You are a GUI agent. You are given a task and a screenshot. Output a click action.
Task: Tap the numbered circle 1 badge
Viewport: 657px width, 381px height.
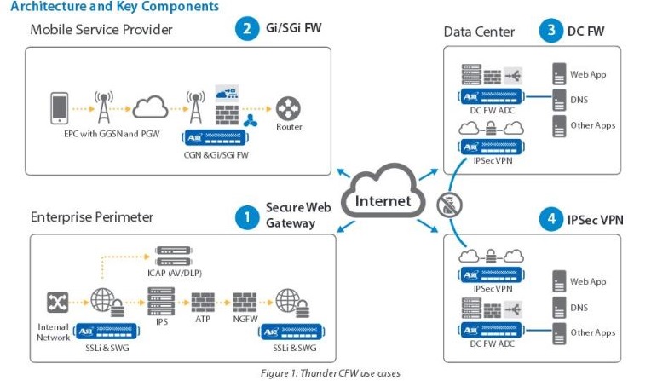pos(247,217)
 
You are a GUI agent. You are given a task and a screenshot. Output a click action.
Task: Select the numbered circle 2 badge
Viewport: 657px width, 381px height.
pos(247,30)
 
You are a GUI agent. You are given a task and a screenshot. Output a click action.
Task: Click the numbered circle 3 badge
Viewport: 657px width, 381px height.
pos(550,31)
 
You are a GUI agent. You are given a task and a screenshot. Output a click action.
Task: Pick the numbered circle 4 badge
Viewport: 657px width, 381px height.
pos(550,220)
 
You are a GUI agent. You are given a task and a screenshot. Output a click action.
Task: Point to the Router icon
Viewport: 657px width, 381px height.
pos(289,109)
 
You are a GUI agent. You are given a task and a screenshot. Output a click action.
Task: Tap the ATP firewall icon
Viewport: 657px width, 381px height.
pos(203,302)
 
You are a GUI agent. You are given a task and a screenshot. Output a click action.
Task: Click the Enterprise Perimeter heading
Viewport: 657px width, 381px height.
pos(92,217)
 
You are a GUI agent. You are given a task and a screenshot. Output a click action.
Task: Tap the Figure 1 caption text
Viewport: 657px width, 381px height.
pos(330,373)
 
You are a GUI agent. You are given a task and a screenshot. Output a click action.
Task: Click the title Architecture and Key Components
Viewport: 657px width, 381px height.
pos(114,7)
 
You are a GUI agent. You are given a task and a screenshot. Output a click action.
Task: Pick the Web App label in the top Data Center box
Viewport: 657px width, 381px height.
pos(588,75)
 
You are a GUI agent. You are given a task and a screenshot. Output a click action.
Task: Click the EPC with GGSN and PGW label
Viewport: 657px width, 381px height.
pos(100,134)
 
